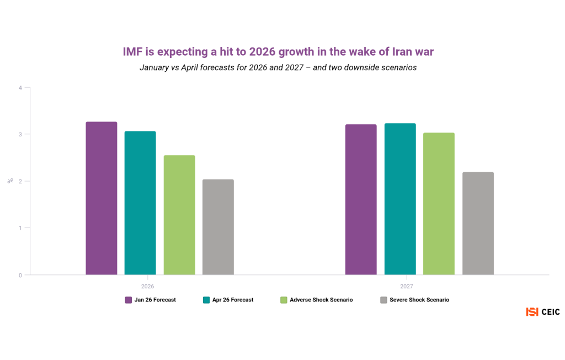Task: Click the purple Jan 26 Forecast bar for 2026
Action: coord(102,198)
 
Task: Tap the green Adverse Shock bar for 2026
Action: coord(179,215)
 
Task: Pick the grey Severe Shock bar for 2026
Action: coord(218,227)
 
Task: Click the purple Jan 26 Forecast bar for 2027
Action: coord(361,199)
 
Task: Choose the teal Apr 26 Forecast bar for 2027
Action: coord(400,199)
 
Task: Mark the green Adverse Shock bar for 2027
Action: coord(439,204)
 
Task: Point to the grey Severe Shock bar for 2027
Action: coord(478,223)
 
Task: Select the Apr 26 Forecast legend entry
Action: coord(228,300)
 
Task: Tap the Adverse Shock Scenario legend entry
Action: coord(317,300)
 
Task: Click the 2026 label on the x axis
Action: coord(147,287)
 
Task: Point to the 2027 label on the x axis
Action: coord(407,287)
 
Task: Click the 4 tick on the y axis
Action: coord(20,88)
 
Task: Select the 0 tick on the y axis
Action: coord(20,275)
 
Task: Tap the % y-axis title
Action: coord(10,181)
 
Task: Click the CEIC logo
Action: coord(543,312)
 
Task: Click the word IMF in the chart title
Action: coord(133,52)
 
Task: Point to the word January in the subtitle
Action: coord(157,67)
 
